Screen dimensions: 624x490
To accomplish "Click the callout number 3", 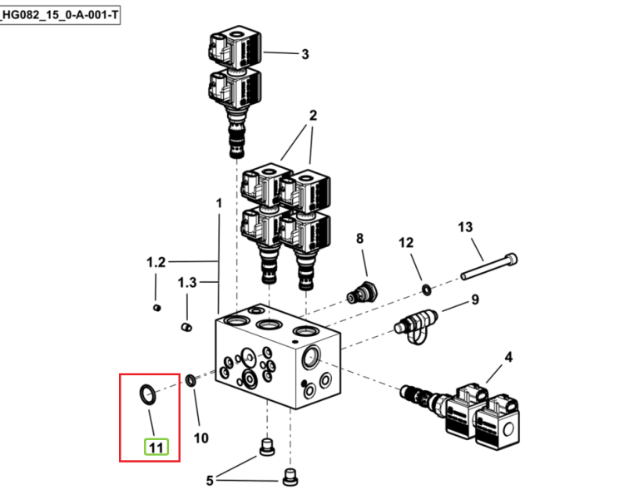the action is click(x=305, y=54).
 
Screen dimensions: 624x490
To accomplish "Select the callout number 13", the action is click(x=465, y=227).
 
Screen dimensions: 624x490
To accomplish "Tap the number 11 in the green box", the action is click(x=156, y=448).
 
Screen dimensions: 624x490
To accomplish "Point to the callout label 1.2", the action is click(x=156, y=263).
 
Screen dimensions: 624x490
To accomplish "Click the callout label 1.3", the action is click(x=187, y=283).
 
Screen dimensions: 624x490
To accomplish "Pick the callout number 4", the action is click(x=508, y=358).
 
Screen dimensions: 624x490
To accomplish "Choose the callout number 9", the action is click(x=475, y=299).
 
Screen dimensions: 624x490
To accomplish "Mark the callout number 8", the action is click(x=359, y=239).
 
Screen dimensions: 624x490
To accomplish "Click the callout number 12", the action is click(x=406, y=243).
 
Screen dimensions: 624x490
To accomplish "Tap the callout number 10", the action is click(x=201, y=438).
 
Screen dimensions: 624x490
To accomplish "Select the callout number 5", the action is click(x=210, y=481).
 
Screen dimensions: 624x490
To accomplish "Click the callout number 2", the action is click(x=313, y=116).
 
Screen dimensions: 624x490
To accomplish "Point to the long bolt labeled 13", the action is click(x=489, y=266).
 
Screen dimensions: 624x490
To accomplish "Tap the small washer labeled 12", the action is click(x=426, y=290).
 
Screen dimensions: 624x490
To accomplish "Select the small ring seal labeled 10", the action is click(x=191, y=380).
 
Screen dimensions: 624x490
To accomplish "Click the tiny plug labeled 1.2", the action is click(x=157, y=307).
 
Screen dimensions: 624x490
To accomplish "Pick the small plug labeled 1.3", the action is click(x=186, y=327).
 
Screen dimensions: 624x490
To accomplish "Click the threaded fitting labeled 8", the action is click(x=362, y=293).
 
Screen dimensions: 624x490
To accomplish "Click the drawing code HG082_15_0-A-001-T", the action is click(x=60, y=15).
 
